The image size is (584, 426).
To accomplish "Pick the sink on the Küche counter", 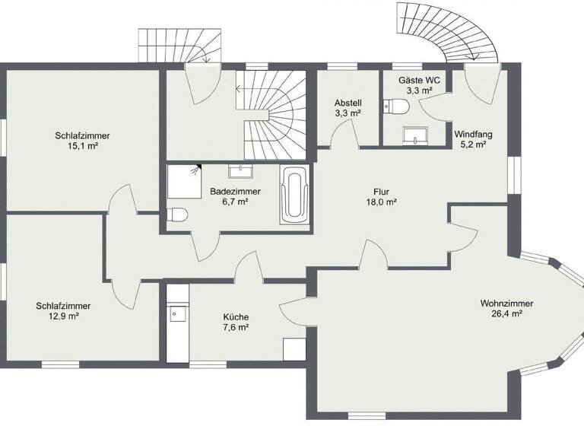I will coord(176,311).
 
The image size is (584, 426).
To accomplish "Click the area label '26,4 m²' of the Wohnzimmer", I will coord(506,313).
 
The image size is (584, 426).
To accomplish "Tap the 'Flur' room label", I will coord(382,191).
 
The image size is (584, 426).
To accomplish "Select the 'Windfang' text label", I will coord(473,135).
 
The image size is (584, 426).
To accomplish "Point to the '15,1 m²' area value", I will coord(82,146).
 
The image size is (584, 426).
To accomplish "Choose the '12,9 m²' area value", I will coord(58,316).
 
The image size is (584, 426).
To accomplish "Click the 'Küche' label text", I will coord(236,317).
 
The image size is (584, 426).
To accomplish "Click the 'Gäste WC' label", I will coord(419,80).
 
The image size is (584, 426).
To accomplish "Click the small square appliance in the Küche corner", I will coord(294,349).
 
